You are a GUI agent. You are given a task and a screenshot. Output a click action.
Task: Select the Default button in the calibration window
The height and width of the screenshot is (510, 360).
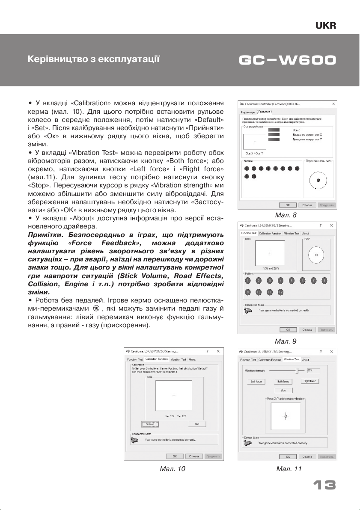[150, 424]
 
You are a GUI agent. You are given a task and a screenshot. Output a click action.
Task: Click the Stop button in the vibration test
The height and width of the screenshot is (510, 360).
[283, 390]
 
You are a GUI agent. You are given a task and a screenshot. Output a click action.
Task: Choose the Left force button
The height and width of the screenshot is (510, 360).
[256, 381]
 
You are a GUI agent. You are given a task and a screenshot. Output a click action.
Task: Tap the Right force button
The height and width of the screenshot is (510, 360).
[311, 381]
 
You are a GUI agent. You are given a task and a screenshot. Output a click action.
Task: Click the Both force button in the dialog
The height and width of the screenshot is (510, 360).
[283, 381]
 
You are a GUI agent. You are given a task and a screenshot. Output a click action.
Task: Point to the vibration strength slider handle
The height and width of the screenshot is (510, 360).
[298, 371]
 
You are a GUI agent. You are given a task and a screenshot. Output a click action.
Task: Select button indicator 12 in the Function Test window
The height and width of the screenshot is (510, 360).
[281, 292]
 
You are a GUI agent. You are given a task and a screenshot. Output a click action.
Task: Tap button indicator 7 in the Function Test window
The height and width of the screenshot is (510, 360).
[314, 281]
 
